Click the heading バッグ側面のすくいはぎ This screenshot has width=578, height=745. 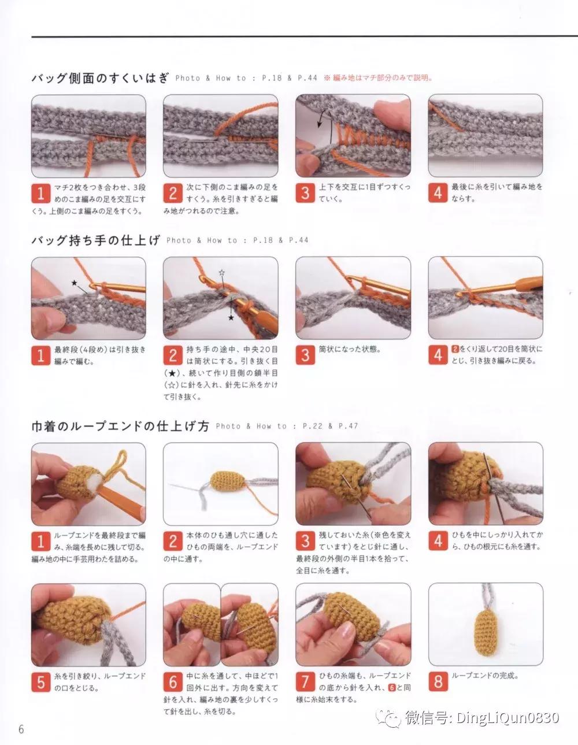(99, 78)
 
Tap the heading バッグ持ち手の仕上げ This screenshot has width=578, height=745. (95, 240)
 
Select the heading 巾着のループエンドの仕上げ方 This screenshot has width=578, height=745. (120, 427)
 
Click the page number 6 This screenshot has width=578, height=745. (21, 728)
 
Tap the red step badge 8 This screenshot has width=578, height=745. (438, 681)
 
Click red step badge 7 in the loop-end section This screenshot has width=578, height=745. (305, 681)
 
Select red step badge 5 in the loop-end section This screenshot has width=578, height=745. (40, 681)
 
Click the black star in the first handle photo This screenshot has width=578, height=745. (74, 283)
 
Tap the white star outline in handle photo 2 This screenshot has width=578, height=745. (220, 272)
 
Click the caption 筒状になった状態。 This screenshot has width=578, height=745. (350, 350)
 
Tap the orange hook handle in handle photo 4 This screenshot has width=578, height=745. (528, 283)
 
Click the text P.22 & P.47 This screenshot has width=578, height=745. (330, 427)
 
